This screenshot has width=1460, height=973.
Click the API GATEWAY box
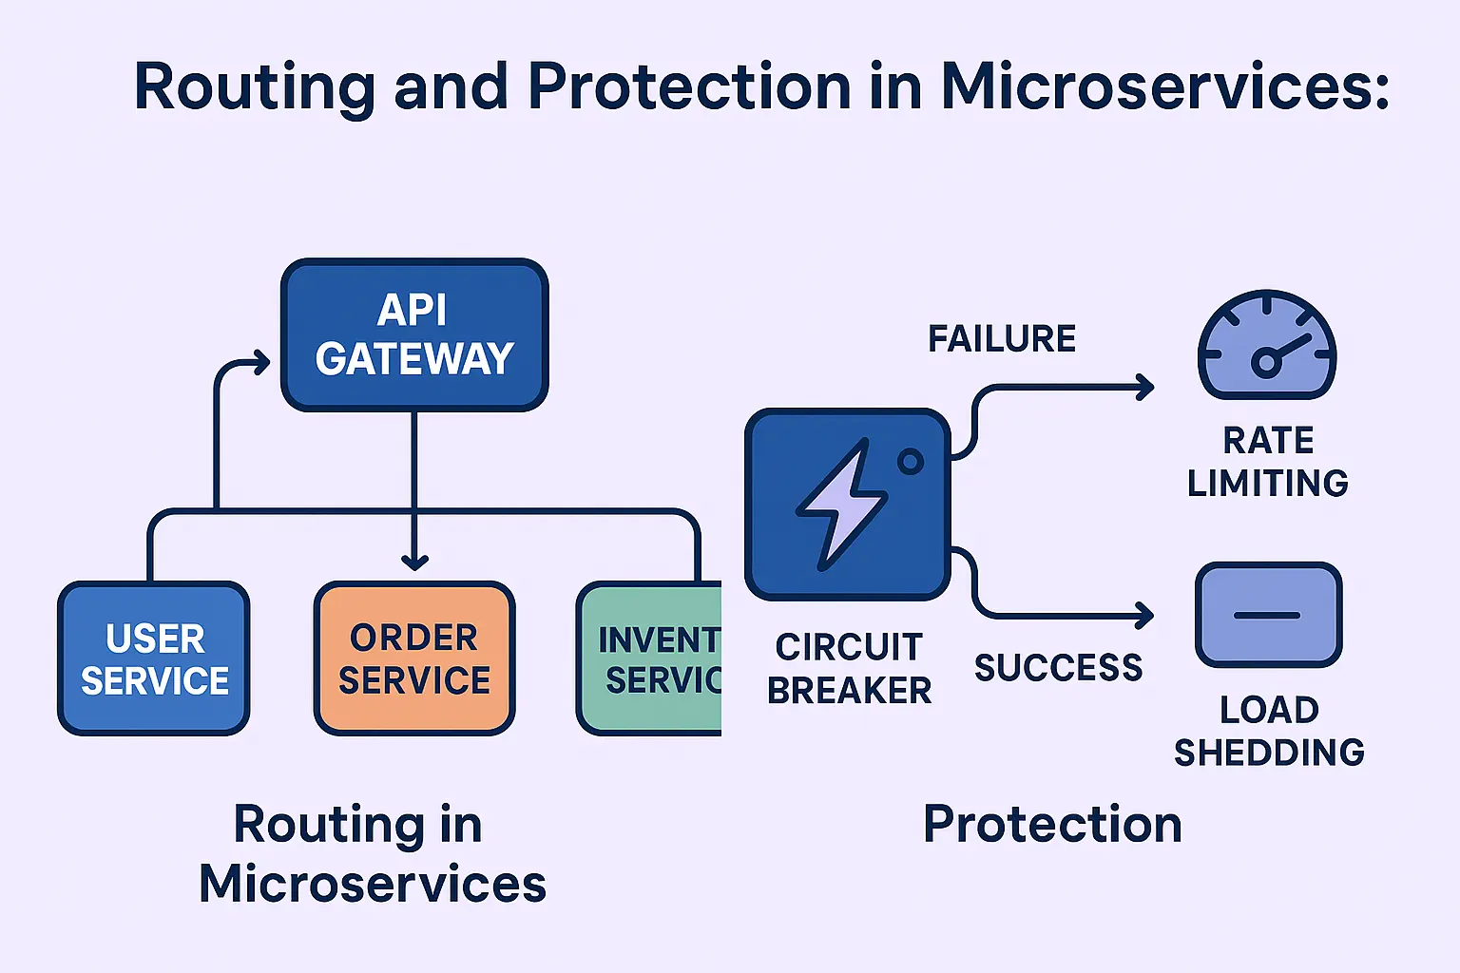(x=414, y=334)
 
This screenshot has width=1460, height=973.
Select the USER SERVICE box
(x=154, y=658)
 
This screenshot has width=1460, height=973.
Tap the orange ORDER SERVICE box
(x=414, y=658)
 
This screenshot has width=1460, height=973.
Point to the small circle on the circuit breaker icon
(x=911, y=462)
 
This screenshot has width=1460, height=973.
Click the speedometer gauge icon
(x=1267, y=346)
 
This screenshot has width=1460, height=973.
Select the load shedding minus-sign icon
(x=1268, y=615)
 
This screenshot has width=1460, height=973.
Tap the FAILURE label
(x=1002, y=339)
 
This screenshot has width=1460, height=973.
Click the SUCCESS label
(x=1058, y=668)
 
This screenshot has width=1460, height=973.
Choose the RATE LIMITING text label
(x=1268, y=462)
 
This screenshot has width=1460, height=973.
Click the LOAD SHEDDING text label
(x=1269, y=731)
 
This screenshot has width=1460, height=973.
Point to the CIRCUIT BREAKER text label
(x=849, y=668)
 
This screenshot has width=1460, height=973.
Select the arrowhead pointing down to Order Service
(x=414, y=561)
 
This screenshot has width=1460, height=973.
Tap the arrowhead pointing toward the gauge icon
(x=1145, y=387)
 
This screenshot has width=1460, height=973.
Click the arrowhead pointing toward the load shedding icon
(x=1145, y=616)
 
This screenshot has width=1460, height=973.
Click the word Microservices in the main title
(x=1164, y=86)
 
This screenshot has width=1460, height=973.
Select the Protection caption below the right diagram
(x=1052, y=824)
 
